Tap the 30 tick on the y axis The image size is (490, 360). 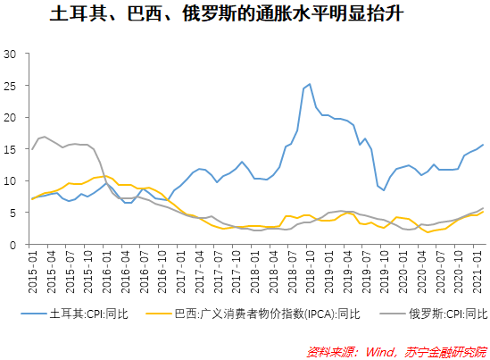click(x=12, y=54)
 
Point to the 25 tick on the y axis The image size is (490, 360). click(x=12, y=86)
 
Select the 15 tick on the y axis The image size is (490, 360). click(x=12, y=149)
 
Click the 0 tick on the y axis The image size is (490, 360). click(x=14, y=245)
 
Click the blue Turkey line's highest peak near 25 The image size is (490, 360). click(x=309, y=84)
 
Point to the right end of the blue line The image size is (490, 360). click(x=484, y=145)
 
